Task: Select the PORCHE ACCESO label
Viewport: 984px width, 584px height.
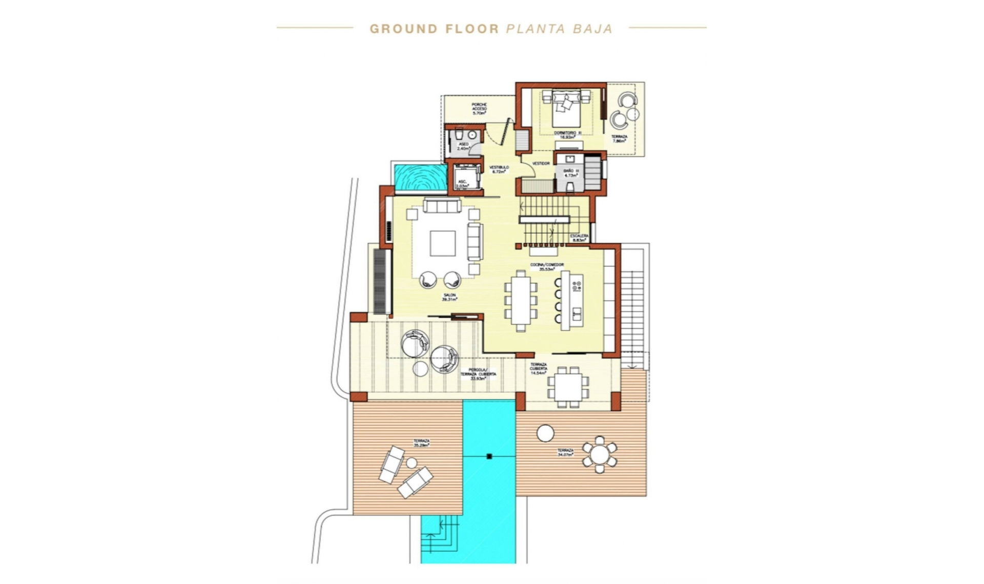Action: click(x=479, y=109)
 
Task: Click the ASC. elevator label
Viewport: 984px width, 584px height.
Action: click(x=462, y=184)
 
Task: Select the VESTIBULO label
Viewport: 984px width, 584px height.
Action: click(x=499, y=169)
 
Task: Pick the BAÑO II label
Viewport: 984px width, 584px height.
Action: click(x=571, y=173)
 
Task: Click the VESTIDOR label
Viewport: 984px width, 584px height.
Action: click(x=541, y=163)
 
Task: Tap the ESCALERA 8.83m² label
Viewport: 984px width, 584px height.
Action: click(x=579, y=238)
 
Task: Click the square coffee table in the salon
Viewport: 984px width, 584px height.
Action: click(x=443, y=243)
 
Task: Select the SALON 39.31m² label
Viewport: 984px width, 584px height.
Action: click(x=449, y=298)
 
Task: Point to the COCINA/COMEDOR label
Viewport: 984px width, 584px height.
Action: click(x=547, y=266)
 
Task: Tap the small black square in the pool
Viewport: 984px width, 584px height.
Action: click(x=489, y=456)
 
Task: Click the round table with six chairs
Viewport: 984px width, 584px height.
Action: click(x=599, y=454)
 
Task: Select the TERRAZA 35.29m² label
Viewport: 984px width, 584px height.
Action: click(x=421, y=443)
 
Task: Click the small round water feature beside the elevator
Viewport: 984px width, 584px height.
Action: click(x=420, y=177)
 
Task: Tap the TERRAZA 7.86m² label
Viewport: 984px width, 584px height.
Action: click(x=619, y=139)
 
